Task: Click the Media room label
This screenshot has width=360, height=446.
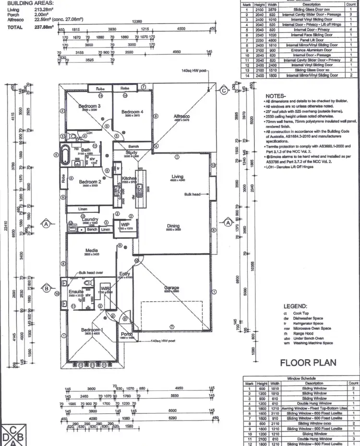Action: click(92, 250)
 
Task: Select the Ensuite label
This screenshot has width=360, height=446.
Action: click(76, 291)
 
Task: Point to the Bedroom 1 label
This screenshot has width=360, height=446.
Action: click(91, 330)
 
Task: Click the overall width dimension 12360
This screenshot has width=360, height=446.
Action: click(137, 22)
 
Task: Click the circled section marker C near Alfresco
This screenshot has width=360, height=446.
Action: click(223, 90)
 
